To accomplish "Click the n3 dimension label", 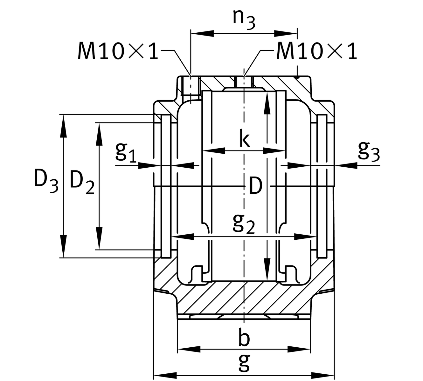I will (244, 19).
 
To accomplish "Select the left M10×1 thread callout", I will (118, 51).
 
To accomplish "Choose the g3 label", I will (369, 151).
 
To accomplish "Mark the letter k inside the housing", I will (245, 140).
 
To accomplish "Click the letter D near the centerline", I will (255, 186).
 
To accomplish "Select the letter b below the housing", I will (244, 338).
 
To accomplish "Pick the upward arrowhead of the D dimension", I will (267, 103).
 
